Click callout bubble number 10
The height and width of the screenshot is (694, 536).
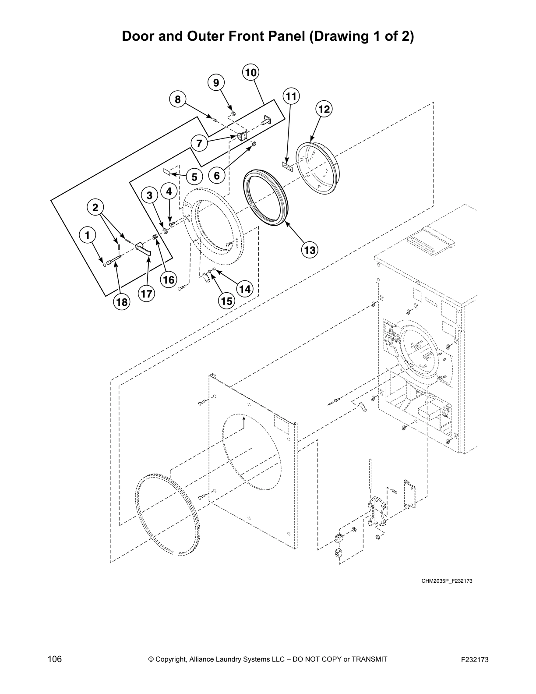[250, 73]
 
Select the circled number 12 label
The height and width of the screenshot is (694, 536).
[324, 109]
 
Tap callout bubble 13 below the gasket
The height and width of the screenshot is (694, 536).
[310, 250]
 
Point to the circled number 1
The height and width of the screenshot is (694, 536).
[87, 236]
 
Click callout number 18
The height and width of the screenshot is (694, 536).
[121, 301]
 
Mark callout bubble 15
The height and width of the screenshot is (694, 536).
[226, 301]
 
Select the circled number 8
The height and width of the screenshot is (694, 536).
[177, 99]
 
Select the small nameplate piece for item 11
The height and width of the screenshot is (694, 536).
[286, 166]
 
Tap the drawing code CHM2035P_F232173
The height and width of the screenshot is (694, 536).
[447, 581]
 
